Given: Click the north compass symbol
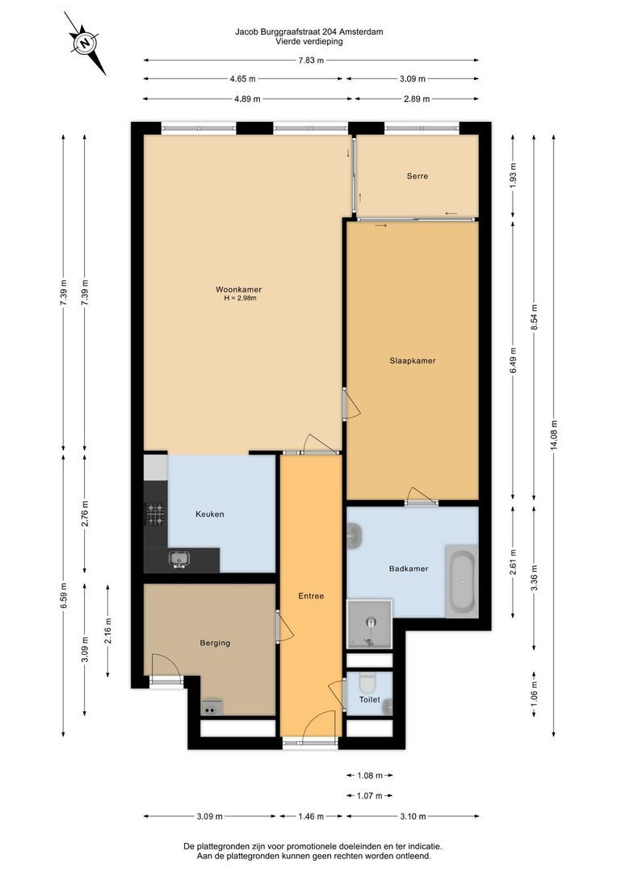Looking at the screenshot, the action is pos(85,43).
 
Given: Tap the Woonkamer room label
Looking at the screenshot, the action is pos(239,289).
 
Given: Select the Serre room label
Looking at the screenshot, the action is pos(418,176).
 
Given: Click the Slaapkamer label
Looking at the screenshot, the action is pos(412,360).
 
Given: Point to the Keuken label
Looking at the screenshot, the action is pos(210,514).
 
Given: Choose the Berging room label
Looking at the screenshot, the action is pos(215,643).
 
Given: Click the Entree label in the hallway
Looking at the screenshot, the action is pos(311,596).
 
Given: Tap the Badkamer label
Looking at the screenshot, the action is pos(409,568).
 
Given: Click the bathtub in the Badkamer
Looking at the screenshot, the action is pos(461,581).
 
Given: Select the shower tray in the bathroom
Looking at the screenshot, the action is pos(369,624).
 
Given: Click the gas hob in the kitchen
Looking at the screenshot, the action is pos(156,514).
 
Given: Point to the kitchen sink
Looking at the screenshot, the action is pos(179,559).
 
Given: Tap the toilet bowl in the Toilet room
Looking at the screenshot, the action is pos(367,681).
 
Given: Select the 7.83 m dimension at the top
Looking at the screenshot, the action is pos(311,60).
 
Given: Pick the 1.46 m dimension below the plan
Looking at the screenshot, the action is pos(311,816).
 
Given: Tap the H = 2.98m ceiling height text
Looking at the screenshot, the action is pos(241,298).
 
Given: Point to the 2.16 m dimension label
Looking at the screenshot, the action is pos(108,631).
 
